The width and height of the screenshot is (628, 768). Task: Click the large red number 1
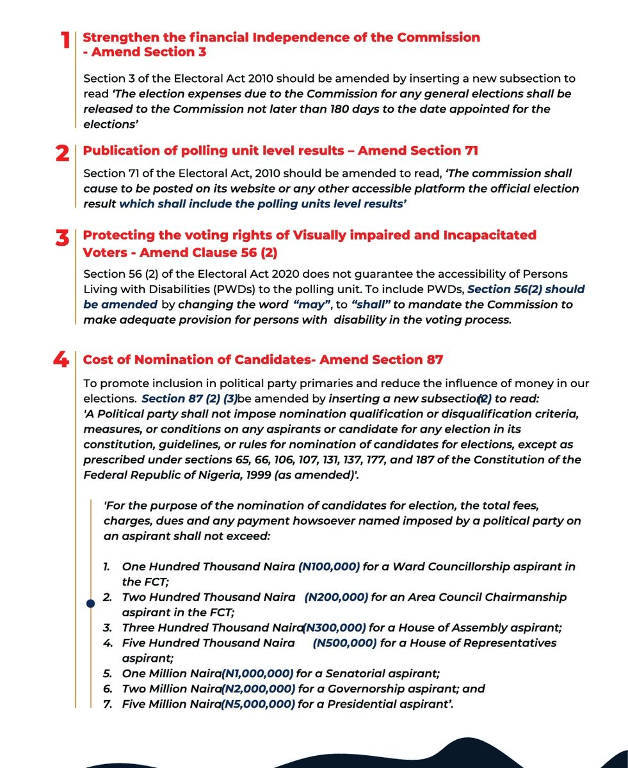[65, 42]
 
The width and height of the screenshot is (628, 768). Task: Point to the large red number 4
[61, 360]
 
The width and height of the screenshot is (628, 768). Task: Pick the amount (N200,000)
[335, 597]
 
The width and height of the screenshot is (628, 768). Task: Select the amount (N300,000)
[334, 628]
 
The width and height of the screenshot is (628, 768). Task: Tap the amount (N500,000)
[344, 643]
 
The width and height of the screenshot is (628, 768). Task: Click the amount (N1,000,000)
[257, 674]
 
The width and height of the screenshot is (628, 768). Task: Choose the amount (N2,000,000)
[259, 689]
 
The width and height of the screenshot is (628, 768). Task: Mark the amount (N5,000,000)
[259, 705]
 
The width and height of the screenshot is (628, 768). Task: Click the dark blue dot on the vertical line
[90, 603]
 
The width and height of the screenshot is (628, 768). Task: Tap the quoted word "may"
[318, 305]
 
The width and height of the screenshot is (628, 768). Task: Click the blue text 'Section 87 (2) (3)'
[189, 399]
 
